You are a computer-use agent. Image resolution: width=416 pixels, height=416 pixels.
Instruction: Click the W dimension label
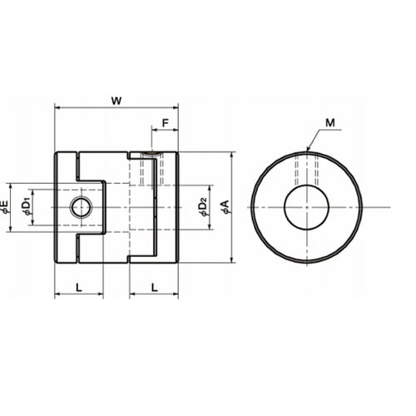(116, 101)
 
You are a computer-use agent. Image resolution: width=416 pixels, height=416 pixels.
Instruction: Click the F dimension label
(166, 123)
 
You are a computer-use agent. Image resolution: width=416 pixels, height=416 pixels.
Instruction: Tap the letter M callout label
(330, 122)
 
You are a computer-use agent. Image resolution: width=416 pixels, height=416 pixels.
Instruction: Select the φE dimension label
(5, 207)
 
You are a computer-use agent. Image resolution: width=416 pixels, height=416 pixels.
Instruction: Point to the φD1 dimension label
(27, 207)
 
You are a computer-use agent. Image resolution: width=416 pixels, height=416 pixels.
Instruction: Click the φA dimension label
(225, 207)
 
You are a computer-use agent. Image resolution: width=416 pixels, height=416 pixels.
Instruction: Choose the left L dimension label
(79, 287)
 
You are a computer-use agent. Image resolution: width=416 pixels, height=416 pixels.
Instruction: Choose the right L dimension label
(155, 287)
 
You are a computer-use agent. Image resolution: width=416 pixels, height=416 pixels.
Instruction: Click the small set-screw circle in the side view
(82, 207)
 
